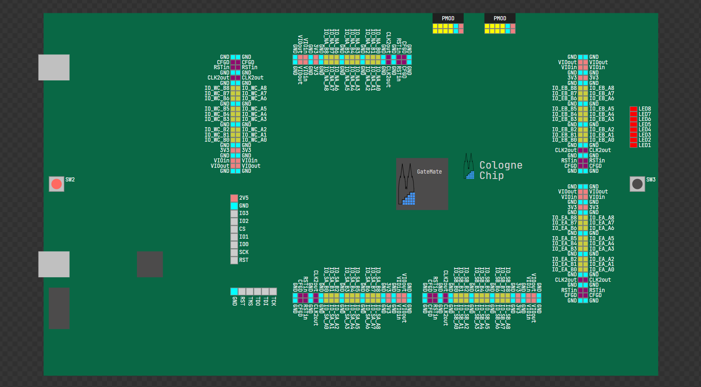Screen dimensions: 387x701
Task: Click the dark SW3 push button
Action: tap(637, 184)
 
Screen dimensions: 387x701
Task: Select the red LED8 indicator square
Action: tap(633, 109)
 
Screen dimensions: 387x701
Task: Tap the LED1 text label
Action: tap(645, 145)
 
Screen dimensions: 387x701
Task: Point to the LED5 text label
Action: tap(645, 125)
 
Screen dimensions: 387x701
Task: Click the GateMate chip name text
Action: tap(429, 172)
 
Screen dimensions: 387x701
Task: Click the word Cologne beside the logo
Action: tap(501, 165)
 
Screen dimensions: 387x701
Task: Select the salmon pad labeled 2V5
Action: tap(234, 198)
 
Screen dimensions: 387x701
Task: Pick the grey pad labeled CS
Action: tap(234, 229)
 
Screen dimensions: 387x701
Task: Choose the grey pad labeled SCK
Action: tap(234, 252)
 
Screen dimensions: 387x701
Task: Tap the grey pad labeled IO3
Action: tap(234, 213)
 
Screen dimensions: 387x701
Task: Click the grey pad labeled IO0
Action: tap(234, 244)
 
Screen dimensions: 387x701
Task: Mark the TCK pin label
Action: tap(273, 301)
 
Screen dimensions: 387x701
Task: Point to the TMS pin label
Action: tap(250, 301)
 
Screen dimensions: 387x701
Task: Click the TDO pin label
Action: tap(258, 301)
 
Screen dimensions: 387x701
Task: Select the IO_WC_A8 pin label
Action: tap(254, 88)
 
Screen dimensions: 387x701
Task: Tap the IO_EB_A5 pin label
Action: tap(601, 109)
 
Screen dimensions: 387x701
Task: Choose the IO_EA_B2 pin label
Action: tap(564, 259)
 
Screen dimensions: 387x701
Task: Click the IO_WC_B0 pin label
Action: tap(217, 140)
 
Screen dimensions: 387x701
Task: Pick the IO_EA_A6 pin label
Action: tap(601, 228)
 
